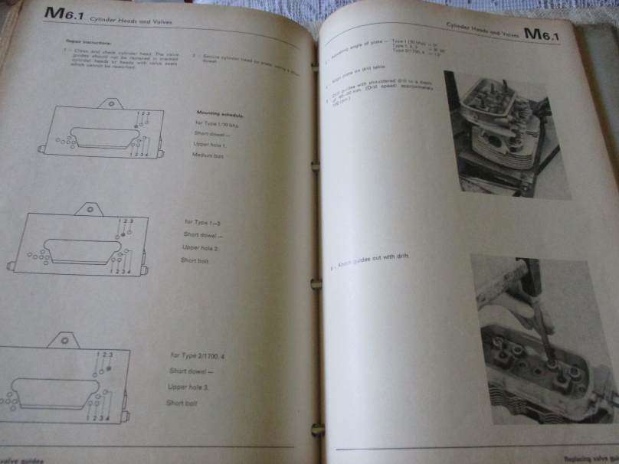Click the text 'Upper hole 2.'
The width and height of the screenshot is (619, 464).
[x=201, y=248]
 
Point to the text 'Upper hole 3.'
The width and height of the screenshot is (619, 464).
[x=188, y=387]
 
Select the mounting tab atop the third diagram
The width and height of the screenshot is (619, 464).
[x=66, y=338]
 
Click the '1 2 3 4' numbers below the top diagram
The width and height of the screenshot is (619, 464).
[x=139, y=154]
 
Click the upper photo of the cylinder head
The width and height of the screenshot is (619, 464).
[x=506, y=134]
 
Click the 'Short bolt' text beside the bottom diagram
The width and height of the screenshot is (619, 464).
[x=182, y=403]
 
